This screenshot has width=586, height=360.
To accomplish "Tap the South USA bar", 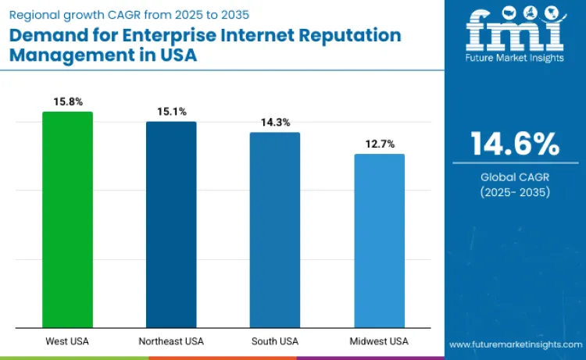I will point(275,230).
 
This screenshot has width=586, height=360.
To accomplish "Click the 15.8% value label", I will point(67,102).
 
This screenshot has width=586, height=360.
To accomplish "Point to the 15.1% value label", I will point(171,112).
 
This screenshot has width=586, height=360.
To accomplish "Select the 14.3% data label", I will point(275,123).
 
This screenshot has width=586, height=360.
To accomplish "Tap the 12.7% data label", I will point(379,144).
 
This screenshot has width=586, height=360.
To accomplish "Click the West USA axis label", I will point(67,341).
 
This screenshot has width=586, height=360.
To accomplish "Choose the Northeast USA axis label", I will point(171,341).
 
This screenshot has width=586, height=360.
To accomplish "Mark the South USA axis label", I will point(275,341).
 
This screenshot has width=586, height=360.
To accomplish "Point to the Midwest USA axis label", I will point(379,341).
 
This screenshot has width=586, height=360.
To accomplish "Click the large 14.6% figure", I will point(515,144).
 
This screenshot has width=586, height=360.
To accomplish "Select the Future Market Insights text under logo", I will point(515,59).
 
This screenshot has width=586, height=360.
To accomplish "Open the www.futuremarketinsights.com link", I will point(516,344).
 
